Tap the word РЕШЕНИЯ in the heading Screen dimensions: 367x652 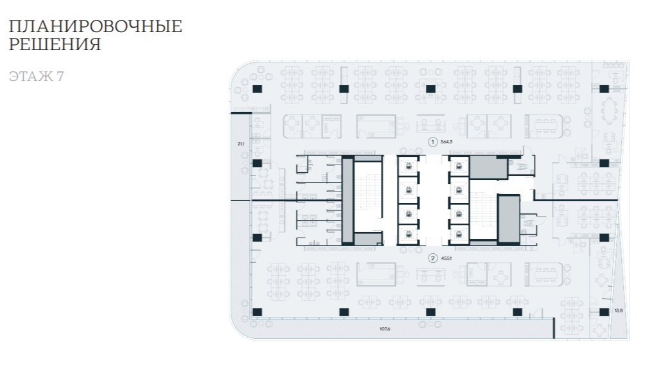55,45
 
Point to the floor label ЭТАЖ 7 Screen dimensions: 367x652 36,76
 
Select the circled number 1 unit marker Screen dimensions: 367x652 433,141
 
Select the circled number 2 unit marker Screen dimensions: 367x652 433,258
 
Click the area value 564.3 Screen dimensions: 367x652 448,141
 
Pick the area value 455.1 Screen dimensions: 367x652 448,258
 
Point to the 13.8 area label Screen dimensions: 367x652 619,310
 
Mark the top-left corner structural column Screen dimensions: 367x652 256,88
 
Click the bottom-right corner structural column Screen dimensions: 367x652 604,312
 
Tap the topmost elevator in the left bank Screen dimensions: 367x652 407,166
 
